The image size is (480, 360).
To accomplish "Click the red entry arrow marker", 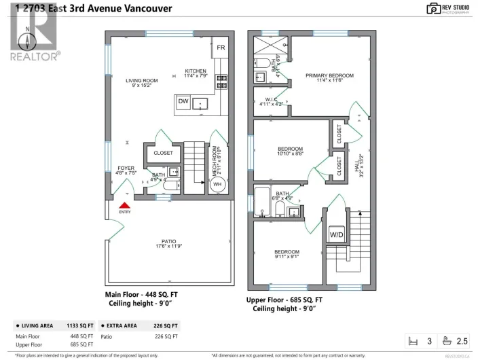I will click(x=124, y=204).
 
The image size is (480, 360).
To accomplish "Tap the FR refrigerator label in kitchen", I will click(x=221, y=48).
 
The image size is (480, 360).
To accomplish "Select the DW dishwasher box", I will click(x=183, y=102).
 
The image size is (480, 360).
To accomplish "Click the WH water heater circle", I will click(x=217, y=184).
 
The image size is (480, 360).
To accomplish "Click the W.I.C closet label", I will click(x=272, y=100).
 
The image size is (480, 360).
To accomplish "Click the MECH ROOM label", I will click(x=215, y=161).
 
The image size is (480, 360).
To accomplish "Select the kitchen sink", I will click(x=202, y=103).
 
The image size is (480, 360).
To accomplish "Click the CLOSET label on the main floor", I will click(x=163, y=153).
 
